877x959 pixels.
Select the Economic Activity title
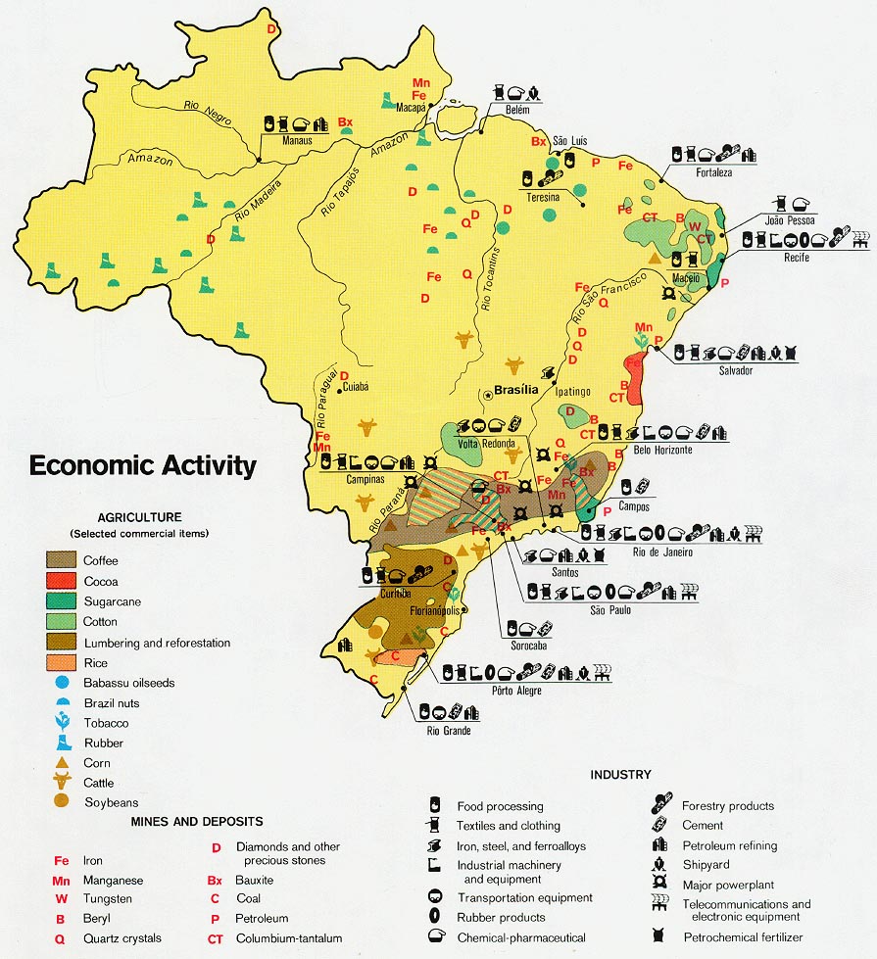[142, 464]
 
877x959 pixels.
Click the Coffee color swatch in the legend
[62, 560]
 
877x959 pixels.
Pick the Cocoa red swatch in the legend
[62, 581]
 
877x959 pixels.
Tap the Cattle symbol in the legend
[62, 782]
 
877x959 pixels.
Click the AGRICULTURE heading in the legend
[139, 517]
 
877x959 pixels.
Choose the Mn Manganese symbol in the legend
[62, 880]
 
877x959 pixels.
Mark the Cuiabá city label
[354, 387]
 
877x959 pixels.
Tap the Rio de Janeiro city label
[662, 551]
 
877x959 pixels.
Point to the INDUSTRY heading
[620, 775]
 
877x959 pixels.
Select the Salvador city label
[734, 371]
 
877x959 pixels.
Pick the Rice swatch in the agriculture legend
[62, 662]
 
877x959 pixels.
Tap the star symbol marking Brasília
[487, 395]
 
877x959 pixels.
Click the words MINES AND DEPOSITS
[197, 821]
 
